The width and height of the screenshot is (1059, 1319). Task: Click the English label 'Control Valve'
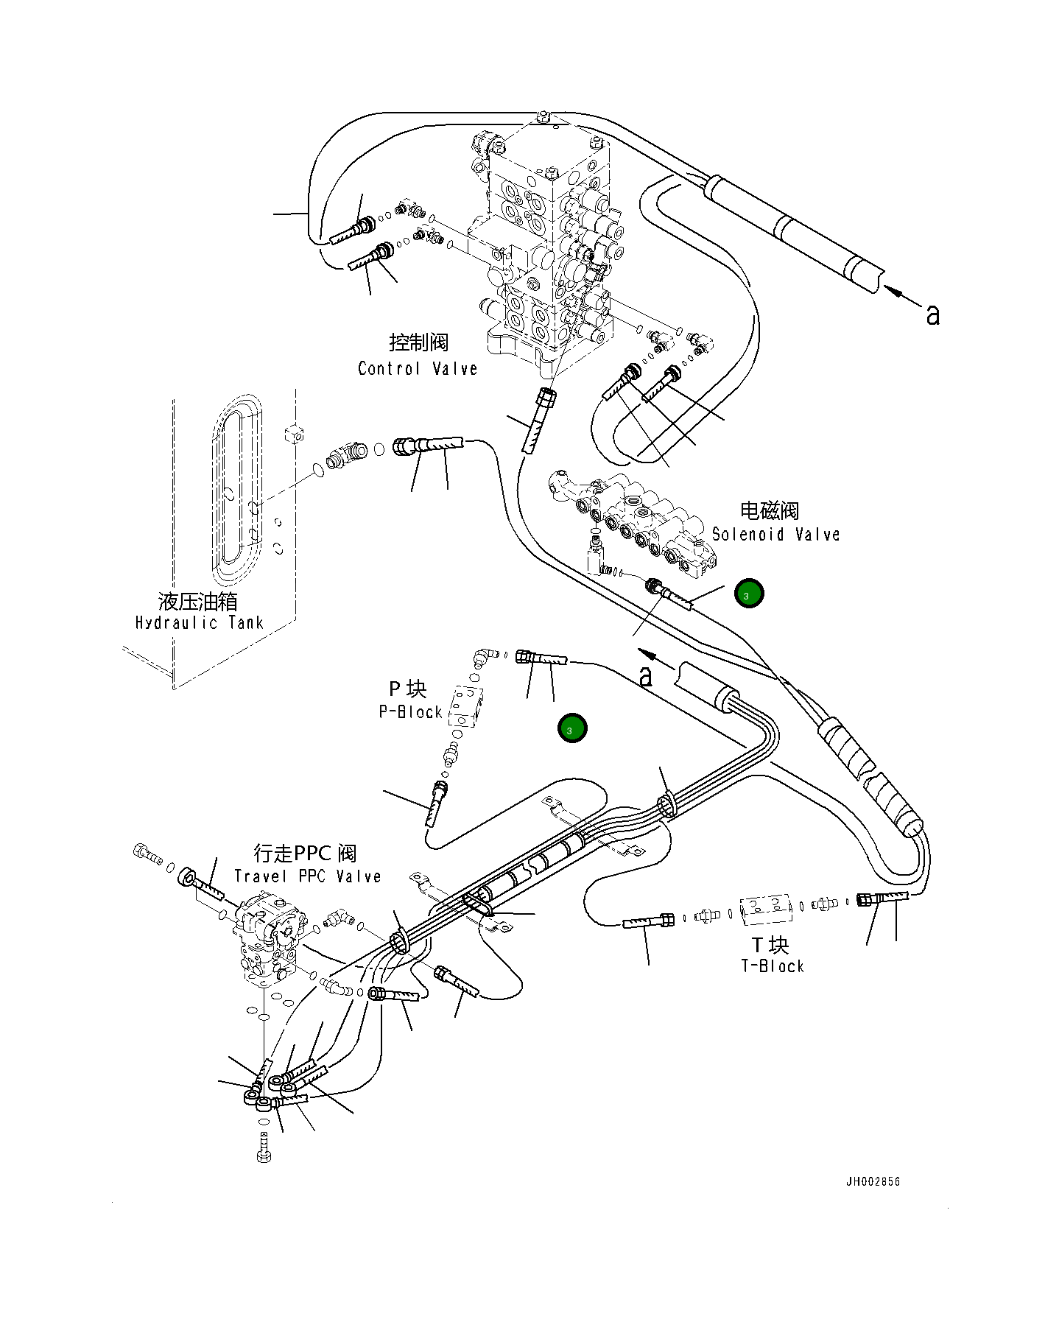pyautogui.click(x=418, y=368)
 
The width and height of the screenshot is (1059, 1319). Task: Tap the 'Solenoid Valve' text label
pyautogui.click(x=775, y=534)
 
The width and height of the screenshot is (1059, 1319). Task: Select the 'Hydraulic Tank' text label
pyautogui.click(x=199, y=622)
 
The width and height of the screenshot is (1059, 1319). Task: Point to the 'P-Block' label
pyautogui.click(x=410, y=711)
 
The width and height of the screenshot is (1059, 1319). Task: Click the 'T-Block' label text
pyautogui.click(x=772, y=965)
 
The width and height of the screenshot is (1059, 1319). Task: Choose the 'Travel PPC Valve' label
pyautogui.click(x=307, y=876)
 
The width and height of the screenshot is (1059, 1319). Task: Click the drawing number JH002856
pyautogui.click(x=873, y=1181)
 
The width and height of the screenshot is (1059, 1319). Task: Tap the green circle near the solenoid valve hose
pyautogui.click(x=748, y=594)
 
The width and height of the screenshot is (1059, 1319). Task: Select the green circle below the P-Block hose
pyautogui.click(x=571, y=728)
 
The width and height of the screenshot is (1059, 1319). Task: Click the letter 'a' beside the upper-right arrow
pyautogui.click(x=932, y=315)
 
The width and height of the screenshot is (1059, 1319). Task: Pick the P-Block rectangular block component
pyautogui.click(x=467, y=706)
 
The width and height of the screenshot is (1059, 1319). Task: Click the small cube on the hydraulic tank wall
pyautogui.click(x=294, y=433)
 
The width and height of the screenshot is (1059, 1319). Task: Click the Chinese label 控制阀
pyautogui.click(x=418, y=342)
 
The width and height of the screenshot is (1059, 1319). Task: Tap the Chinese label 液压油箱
pyautogui.click(x=197, y=601)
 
